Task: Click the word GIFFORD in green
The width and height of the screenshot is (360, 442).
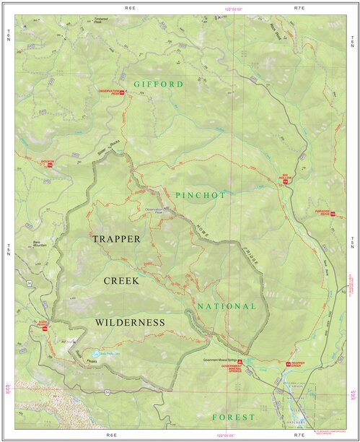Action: (158, 84)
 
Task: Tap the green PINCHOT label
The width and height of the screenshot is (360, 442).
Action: (200, 196)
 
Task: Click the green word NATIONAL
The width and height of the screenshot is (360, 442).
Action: (227, 306)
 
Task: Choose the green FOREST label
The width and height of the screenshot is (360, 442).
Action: (234, 417)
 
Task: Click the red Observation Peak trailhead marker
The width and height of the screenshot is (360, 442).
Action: (123, 92)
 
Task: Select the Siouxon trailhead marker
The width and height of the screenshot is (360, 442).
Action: (51, 165)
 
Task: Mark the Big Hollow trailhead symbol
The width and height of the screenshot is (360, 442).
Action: (286, 181)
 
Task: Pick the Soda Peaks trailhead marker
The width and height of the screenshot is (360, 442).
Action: (45, 329)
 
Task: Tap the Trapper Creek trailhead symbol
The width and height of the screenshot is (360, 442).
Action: (287, 364)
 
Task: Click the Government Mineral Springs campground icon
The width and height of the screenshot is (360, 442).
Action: (240, 360)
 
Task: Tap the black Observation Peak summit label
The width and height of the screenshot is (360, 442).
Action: (154, 210)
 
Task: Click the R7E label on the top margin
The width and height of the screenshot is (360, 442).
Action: (300, 7)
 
